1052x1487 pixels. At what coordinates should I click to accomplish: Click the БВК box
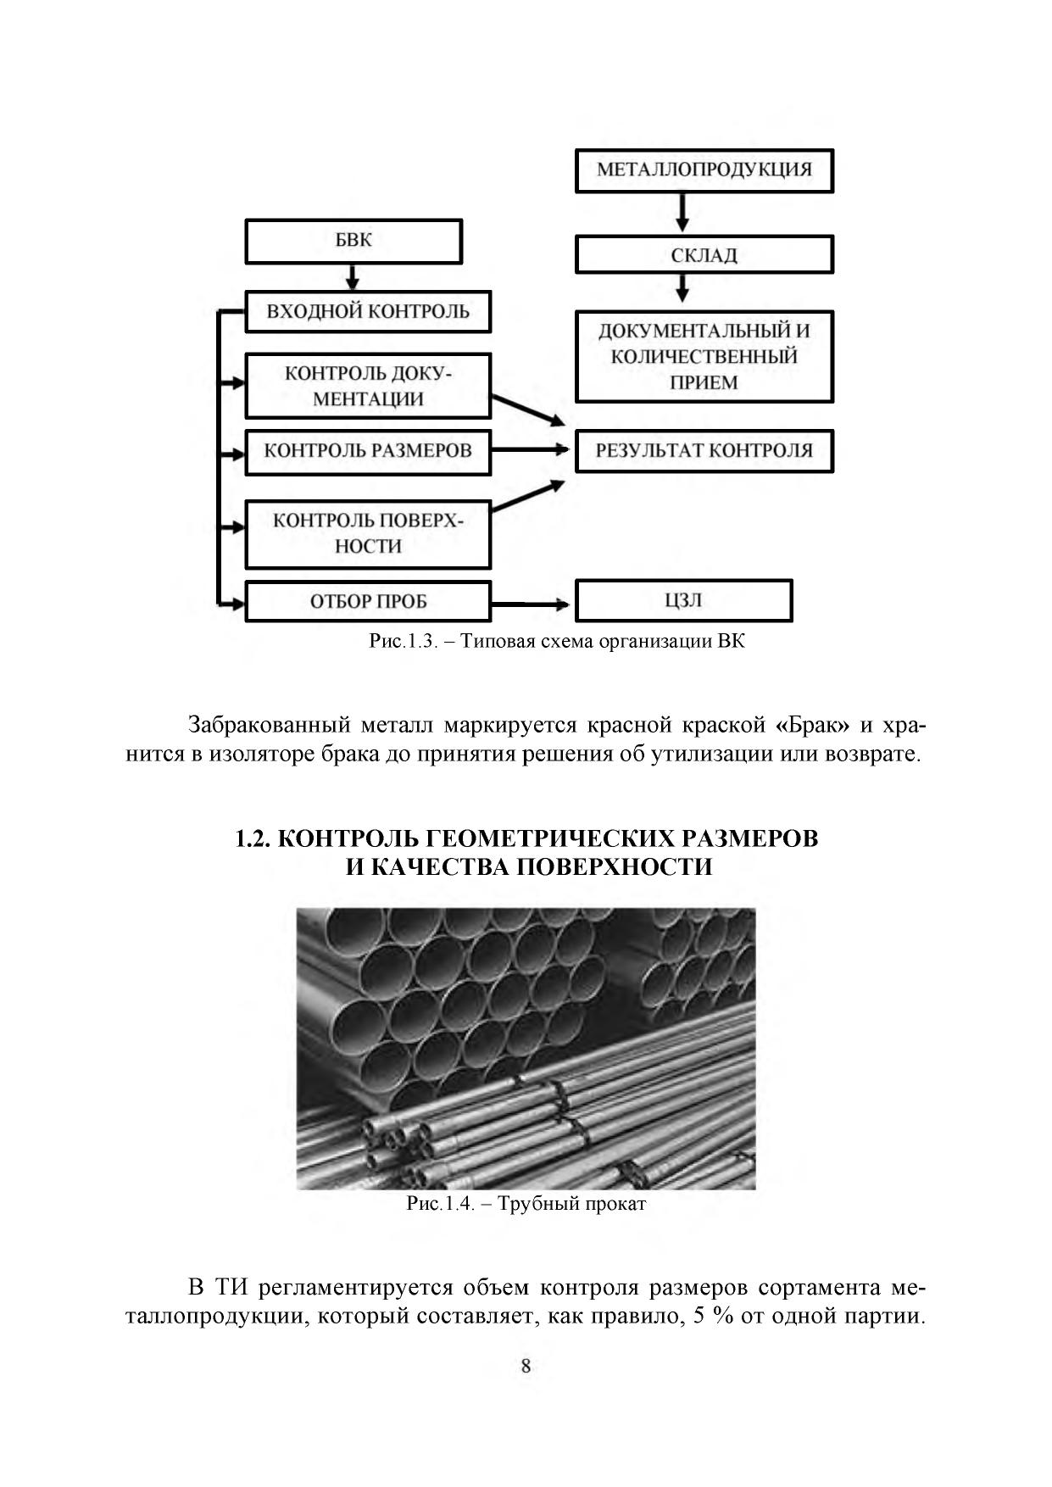click(353, 241)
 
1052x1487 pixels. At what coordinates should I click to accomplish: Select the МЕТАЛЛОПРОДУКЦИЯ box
click(704, 170)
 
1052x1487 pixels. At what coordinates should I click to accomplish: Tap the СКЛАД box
click(704, 254)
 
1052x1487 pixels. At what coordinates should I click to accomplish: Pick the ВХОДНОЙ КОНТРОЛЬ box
click(368, 311)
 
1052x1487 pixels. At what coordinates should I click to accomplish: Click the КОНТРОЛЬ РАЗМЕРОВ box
click(368, 451)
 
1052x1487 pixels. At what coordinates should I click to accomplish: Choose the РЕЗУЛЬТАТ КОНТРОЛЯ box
click(704, 451)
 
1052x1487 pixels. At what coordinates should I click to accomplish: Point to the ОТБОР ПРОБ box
click(368, 602)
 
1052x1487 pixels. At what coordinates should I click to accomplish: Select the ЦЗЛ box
click(683, 601)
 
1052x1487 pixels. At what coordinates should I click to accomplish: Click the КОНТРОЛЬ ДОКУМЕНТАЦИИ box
click(368, 386)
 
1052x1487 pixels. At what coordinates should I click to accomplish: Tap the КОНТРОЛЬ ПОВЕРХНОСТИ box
click(368, 533)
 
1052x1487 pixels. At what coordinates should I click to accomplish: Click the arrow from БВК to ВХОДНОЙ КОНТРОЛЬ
click(353, 277)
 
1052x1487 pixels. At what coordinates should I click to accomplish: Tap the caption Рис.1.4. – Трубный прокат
click(526, 1204)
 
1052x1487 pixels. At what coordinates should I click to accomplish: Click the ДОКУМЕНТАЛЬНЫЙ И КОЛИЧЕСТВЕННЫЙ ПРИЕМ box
click(704, 356)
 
